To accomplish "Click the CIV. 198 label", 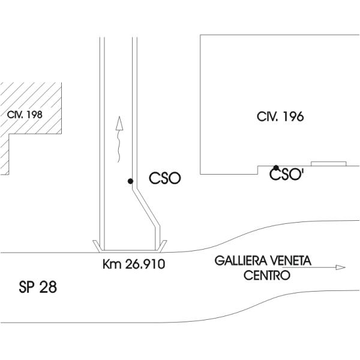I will [25, 114].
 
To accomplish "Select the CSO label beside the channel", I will [165, 179].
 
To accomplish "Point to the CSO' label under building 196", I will [285, 175].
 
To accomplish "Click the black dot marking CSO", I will [130, 181].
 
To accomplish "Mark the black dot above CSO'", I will [276, 168].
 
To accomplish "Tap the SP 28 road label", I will [38, 288].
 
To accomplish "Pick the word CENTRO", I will [267, 275].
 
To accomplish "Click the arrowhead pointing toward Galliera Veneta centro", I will [341, 267].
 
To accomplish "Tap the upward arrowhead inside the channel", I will [119, 123].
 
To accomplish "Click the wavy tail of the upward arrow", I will [120, 147].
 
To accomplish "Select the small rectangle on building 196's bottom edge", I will [328, 163].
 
